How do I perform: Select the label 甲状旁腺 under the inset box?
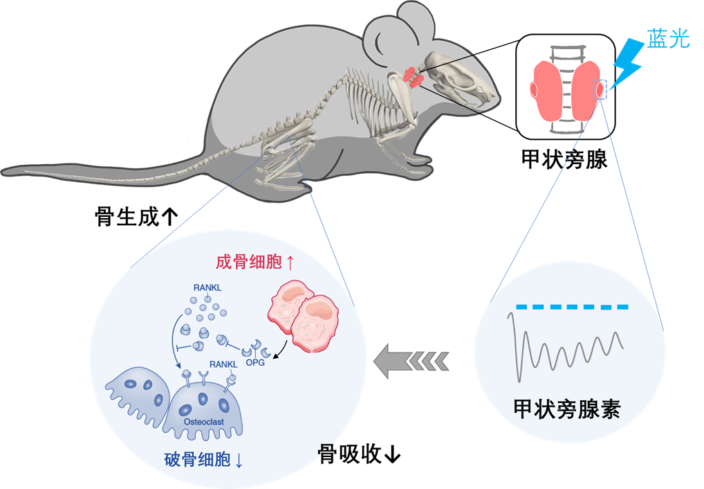[x=564, y=159]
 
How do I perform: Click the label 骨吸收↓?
[x=359, y=454]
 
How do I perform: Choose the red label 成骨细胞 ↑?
[x=255, y=263]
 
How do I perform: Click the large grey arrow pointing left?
[x=411, y=360]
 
